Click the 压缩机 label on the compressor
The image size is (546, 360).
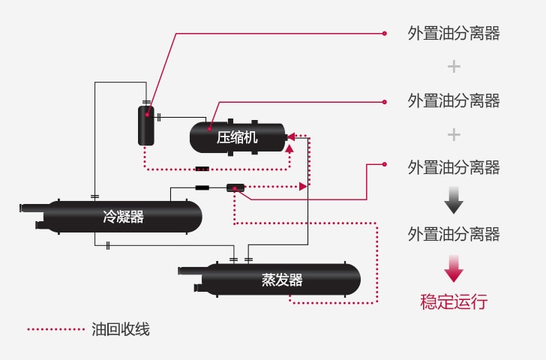[x=237, y=138]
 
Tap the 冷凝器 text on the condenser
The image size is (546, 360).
[x=123, y=217]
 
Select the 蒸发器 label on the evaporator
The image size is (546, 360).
[x=282, y=280]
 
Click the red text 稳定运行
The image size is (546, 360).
[x=454, y=302]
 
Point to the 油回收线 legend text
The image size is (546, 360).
[x=121, y=328]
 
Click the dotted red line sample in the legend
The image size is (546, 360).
[x=55, y=328]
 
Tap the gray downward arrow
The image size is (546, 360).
[x=454, y=200]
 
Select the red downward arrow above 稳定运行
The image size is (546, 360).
[x=454, y=268]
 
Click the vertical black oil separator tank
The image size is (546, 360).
[x=145, y=125]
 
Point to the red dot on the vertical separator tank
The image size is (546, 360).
[x=147, y=115]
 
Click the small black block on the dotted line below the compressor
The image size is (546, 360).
[x=202, y=169]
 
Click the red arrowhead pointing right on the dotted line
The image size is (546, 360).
[x=303, y=186]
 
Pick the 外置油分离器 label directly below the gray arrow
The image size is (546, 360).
[x=454, y=234]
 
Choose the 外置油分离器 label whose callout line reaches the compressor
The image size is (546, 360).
[x=454, y=100]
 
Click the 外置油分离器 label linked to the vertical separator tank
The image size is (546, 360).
[x=454, y=34]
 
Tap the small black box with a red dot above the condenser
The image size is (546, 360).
[x=235, y=187]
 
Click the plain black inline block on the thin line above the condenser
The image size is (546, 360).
[x=202, y=187]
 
